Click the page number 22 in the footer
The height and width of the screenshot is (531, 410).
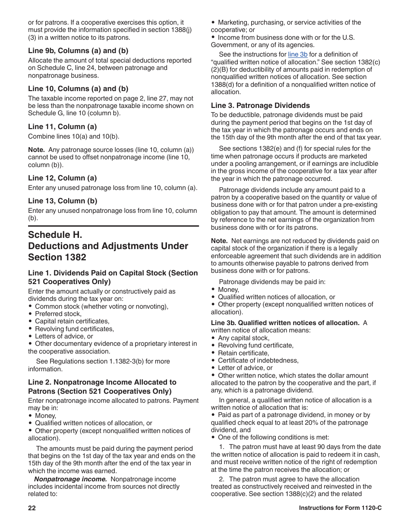point(32,508)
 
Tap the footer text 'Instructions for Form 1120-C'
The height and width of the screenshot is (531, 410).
point(340,508)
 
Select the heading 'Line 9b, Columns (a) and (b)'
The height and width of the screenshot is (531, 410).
point(78,51)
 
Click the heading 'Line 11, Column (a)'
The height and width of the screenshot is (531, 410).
point(62,126)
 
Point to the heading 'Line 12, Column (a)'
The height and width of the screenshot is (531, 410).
point(62,178)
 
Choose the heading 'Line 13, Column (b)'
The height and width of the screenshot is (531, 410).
point(63,201)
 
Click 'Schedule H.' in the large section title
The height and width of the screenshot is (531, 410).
point(55,235)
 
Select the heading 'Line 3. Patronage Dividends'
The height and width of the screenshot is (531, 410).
point(260,105)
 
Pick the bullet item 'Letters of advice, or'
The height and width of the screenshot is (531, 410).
point(64,336)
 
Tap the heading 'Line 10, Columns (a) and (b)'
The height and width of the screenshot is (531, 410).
point(78,88)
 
